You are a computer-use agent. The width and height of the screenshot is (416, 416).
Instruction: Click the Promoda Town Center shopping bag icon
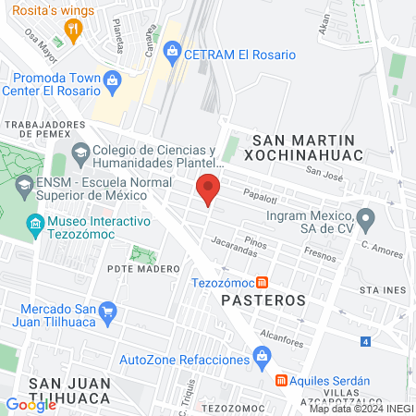112,80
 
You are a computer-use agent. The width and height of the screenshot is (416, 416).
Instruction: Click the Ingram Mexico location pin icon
366,219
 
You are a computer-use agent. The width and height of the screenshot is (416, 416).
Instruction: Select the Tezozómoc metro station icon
263,282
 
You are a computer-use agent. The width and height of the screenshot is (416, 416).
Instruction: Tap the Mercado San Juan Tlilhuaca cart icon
108,312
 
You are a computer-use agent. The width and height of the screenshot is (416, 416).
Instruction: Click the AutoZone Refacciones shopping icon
262,357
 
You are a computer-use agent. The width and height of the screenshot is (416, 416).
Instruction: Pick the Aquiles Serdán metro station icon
281,381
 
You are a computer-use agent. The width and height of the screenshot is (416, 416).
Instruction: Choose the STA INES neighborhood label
384,289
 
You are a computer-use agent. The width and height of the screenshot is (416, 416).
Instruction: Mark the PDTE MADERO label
142,269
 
